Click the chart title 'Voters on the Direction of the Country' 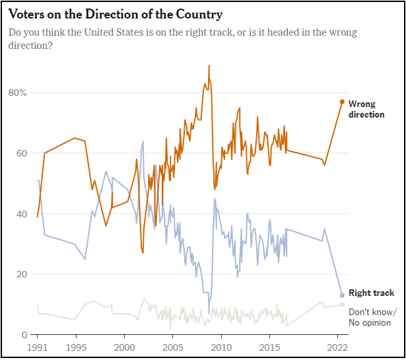coord(116,14)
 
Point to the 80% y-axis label coord(18,92)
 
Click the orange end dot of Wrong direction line coord(342,102)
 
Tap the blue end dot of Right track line coord(342,295)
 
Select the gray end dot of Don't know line coord(342,305)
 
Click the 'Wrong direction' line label coord(366,109)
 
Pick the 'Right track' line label coord(371,293)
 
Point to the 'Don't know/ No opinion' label coord(372,317)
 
